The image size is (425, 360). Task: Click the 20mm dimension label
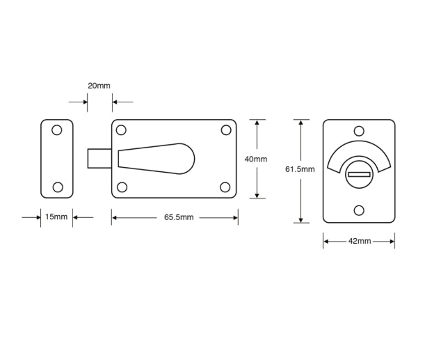pyautogui.click(x=99, y=86)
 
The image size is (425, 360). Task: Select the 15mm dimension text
pyautogui.click(x=56, y=217)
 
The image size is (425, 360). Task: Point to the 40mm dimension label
pyautogui.click(x=256, y=159)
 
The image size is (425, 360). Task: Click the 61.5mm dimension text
pyautogui.click(x=300, y=169)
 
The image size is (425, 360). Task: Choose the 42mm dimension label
pyautogui.click(x=358, y=242)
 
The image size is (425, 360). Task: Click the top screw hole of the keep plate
pyautogui.click(x=58, y=130)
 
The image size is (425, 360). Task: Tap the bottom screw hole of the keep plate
pyautogui.click(x=58, y=186)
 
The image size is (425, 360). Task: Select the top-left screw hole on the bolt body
pyautogui.click(x=121, y=130)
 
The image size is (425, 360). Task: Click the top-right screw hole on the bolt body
pyautogui.click(x=226, y=130)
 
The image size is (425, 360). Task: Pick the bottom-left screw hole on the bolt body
pyautogui.click(x=121, y=187)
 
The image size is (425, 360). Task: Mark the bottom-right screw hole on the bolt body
pyautogui.click(x=226, y=187)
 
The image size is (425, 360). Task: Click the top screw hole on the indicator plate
pyautogui.click(x=359, y=131)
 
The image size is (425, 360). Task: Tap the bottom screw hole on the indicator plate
pyautogui.click(x=359, y=210)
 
